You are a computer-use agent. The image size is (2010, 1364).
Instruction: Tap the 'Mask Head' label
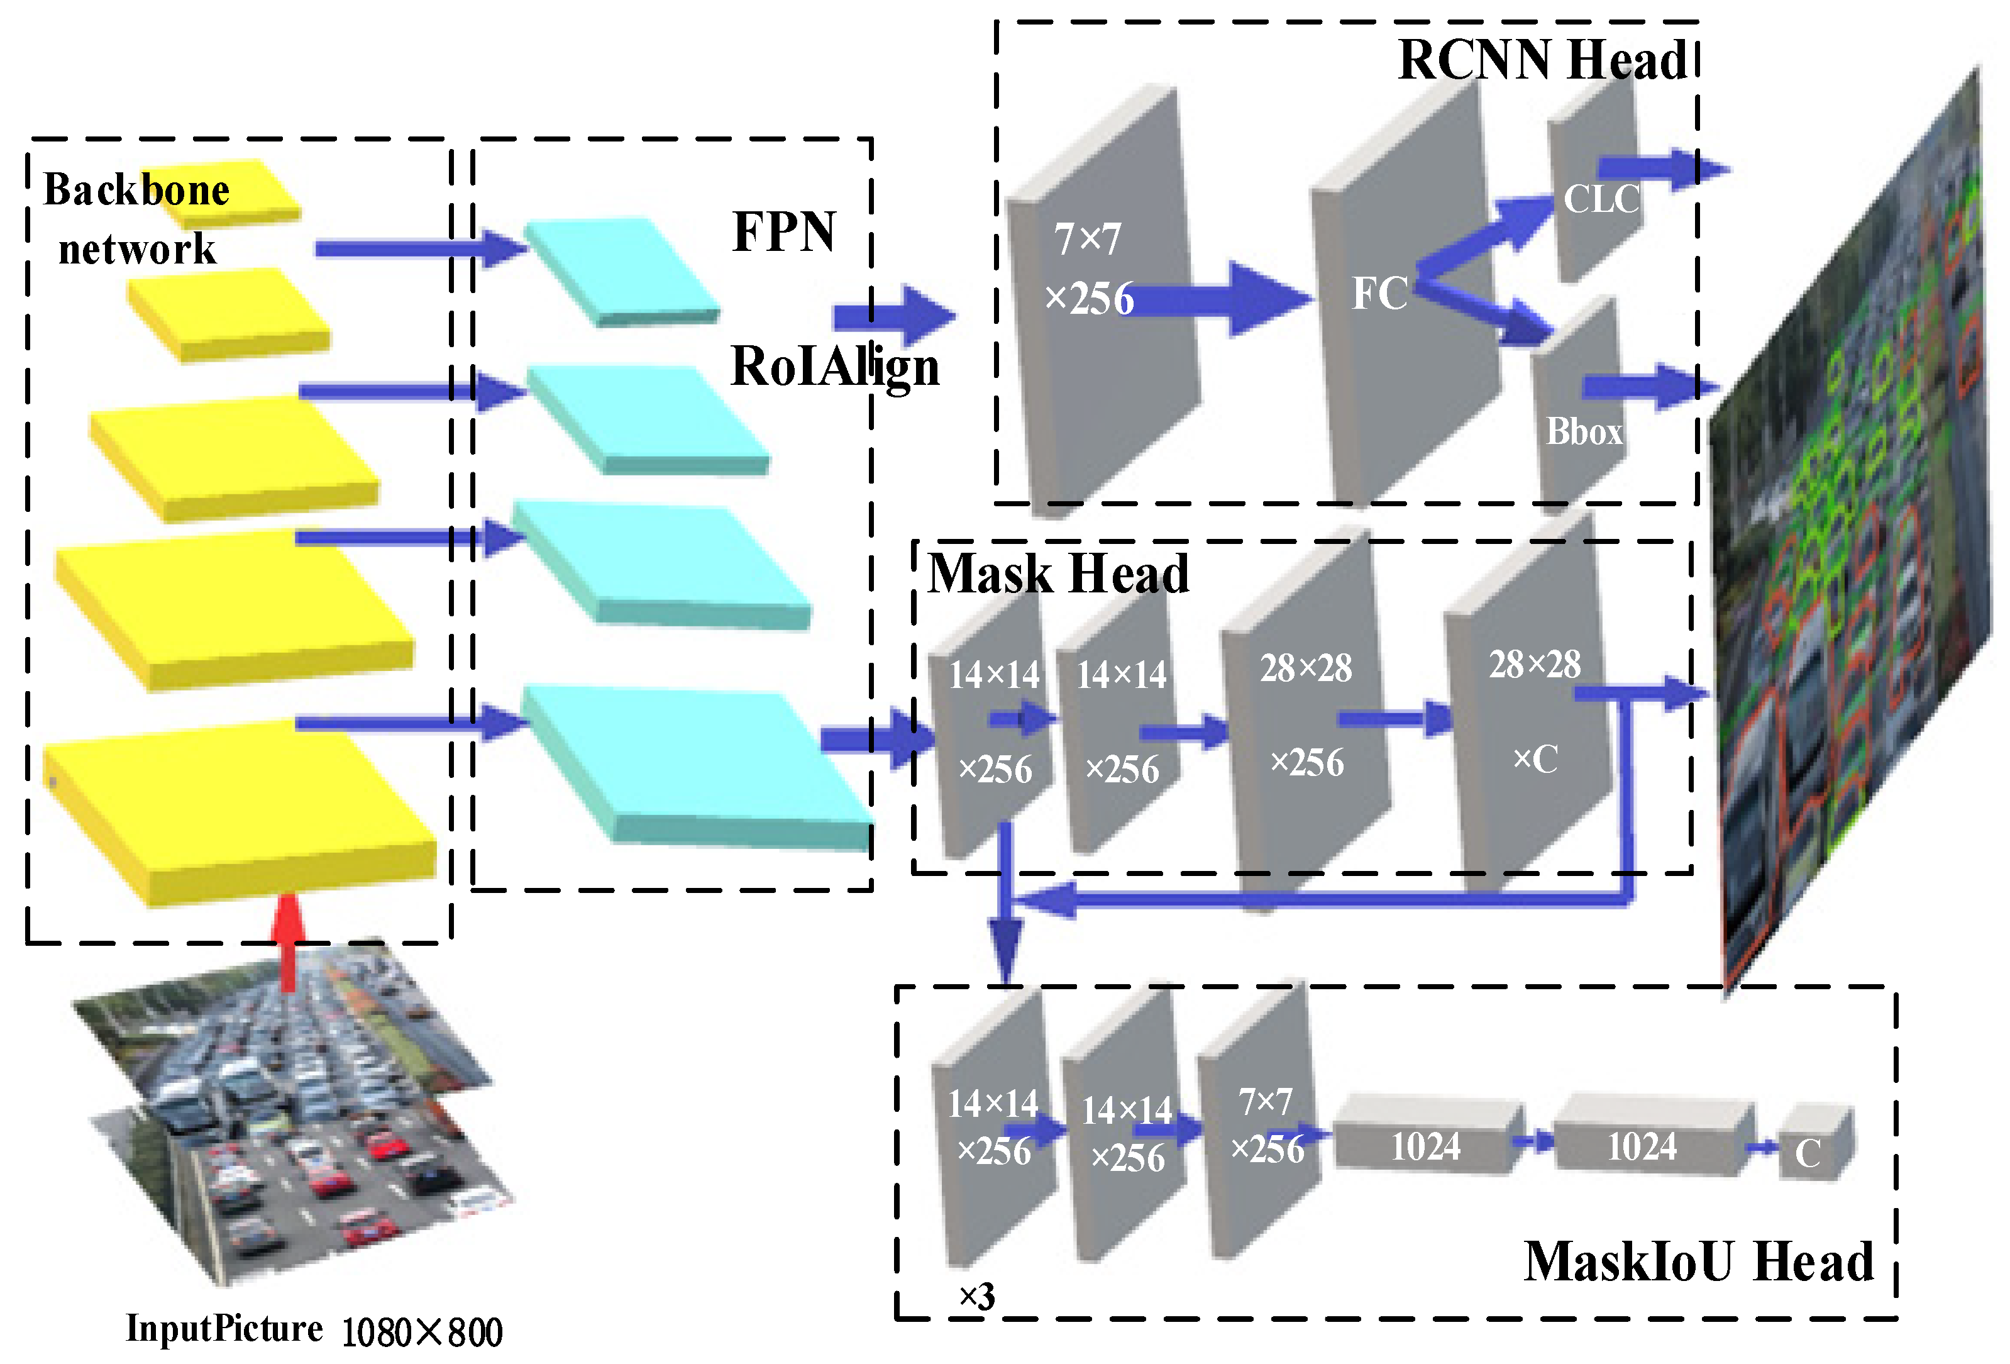[x=1057, y=574]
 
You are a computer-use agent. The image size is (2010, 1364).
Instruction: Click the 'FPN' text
[x=783, y=232]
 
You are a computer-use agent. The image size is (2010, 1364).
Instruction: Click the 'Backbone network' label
[x=136, y=219]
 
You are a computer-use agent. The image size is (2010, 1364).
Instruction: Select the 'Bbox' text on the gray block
[x=1584, y=431]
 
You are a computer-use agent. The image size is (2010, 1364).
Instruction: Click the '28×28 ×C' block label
[x=1534, y=711]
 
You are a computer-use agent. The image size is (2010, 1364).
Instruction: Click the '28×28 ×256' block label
[x=1305, y=714]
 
